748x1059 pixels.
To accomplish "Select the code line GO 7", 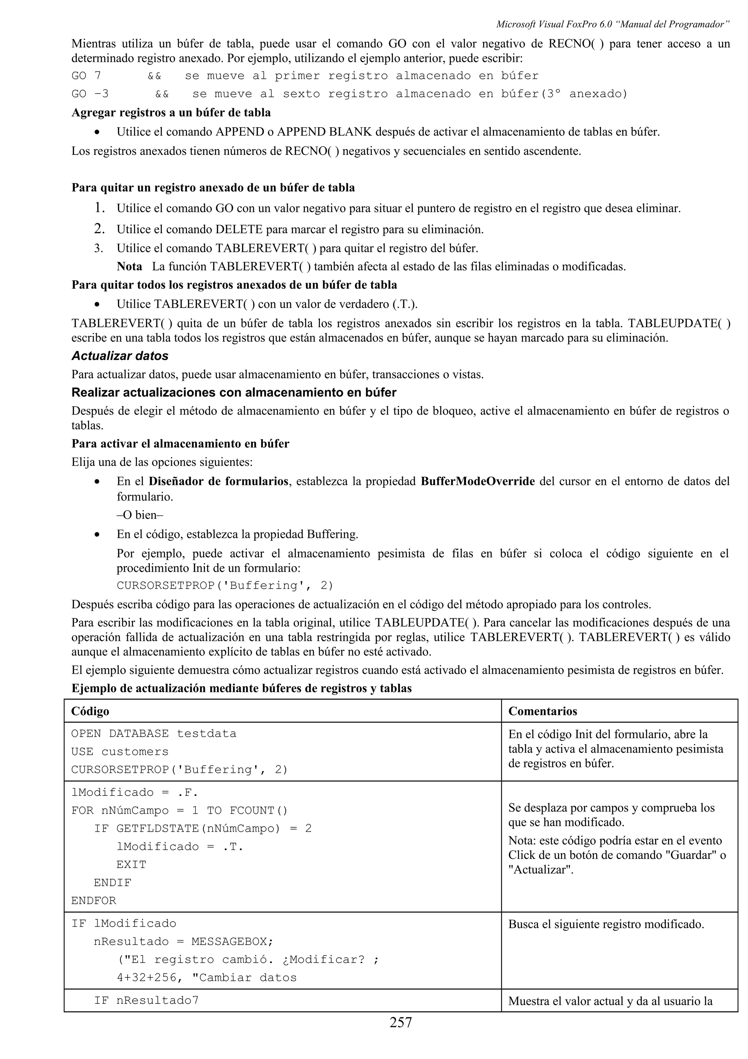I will click(86, 76).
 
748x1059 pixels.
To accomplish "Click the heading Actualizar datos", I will click(120, 356).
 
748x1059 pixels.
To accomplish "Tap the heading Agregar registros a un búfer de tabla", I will click(171, 113).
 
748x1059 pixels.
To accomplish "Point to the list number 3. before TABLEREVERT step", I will click(99, 248).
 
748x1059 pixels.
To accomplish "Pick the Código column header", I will click(90, 711).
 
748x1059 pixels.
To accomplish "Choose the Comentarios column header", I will click(542, 711).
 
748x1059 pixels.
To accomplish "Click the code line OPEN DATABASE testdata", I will click(153, 733).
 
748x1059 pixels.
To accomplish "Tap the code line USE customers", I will click(120, 751).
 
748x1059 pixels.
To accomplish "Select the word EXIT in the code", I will click(131, 864).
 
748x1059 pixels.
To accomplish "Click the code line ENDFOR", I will click(93, 900).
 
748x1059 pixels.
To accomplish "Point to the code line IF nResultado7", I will click(146, 1000).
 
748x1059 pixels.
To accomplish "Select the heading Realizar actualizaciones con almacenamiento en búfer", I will click(234, 392).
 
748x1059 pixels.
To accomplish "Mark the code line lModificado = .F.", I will click(134, 792).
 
